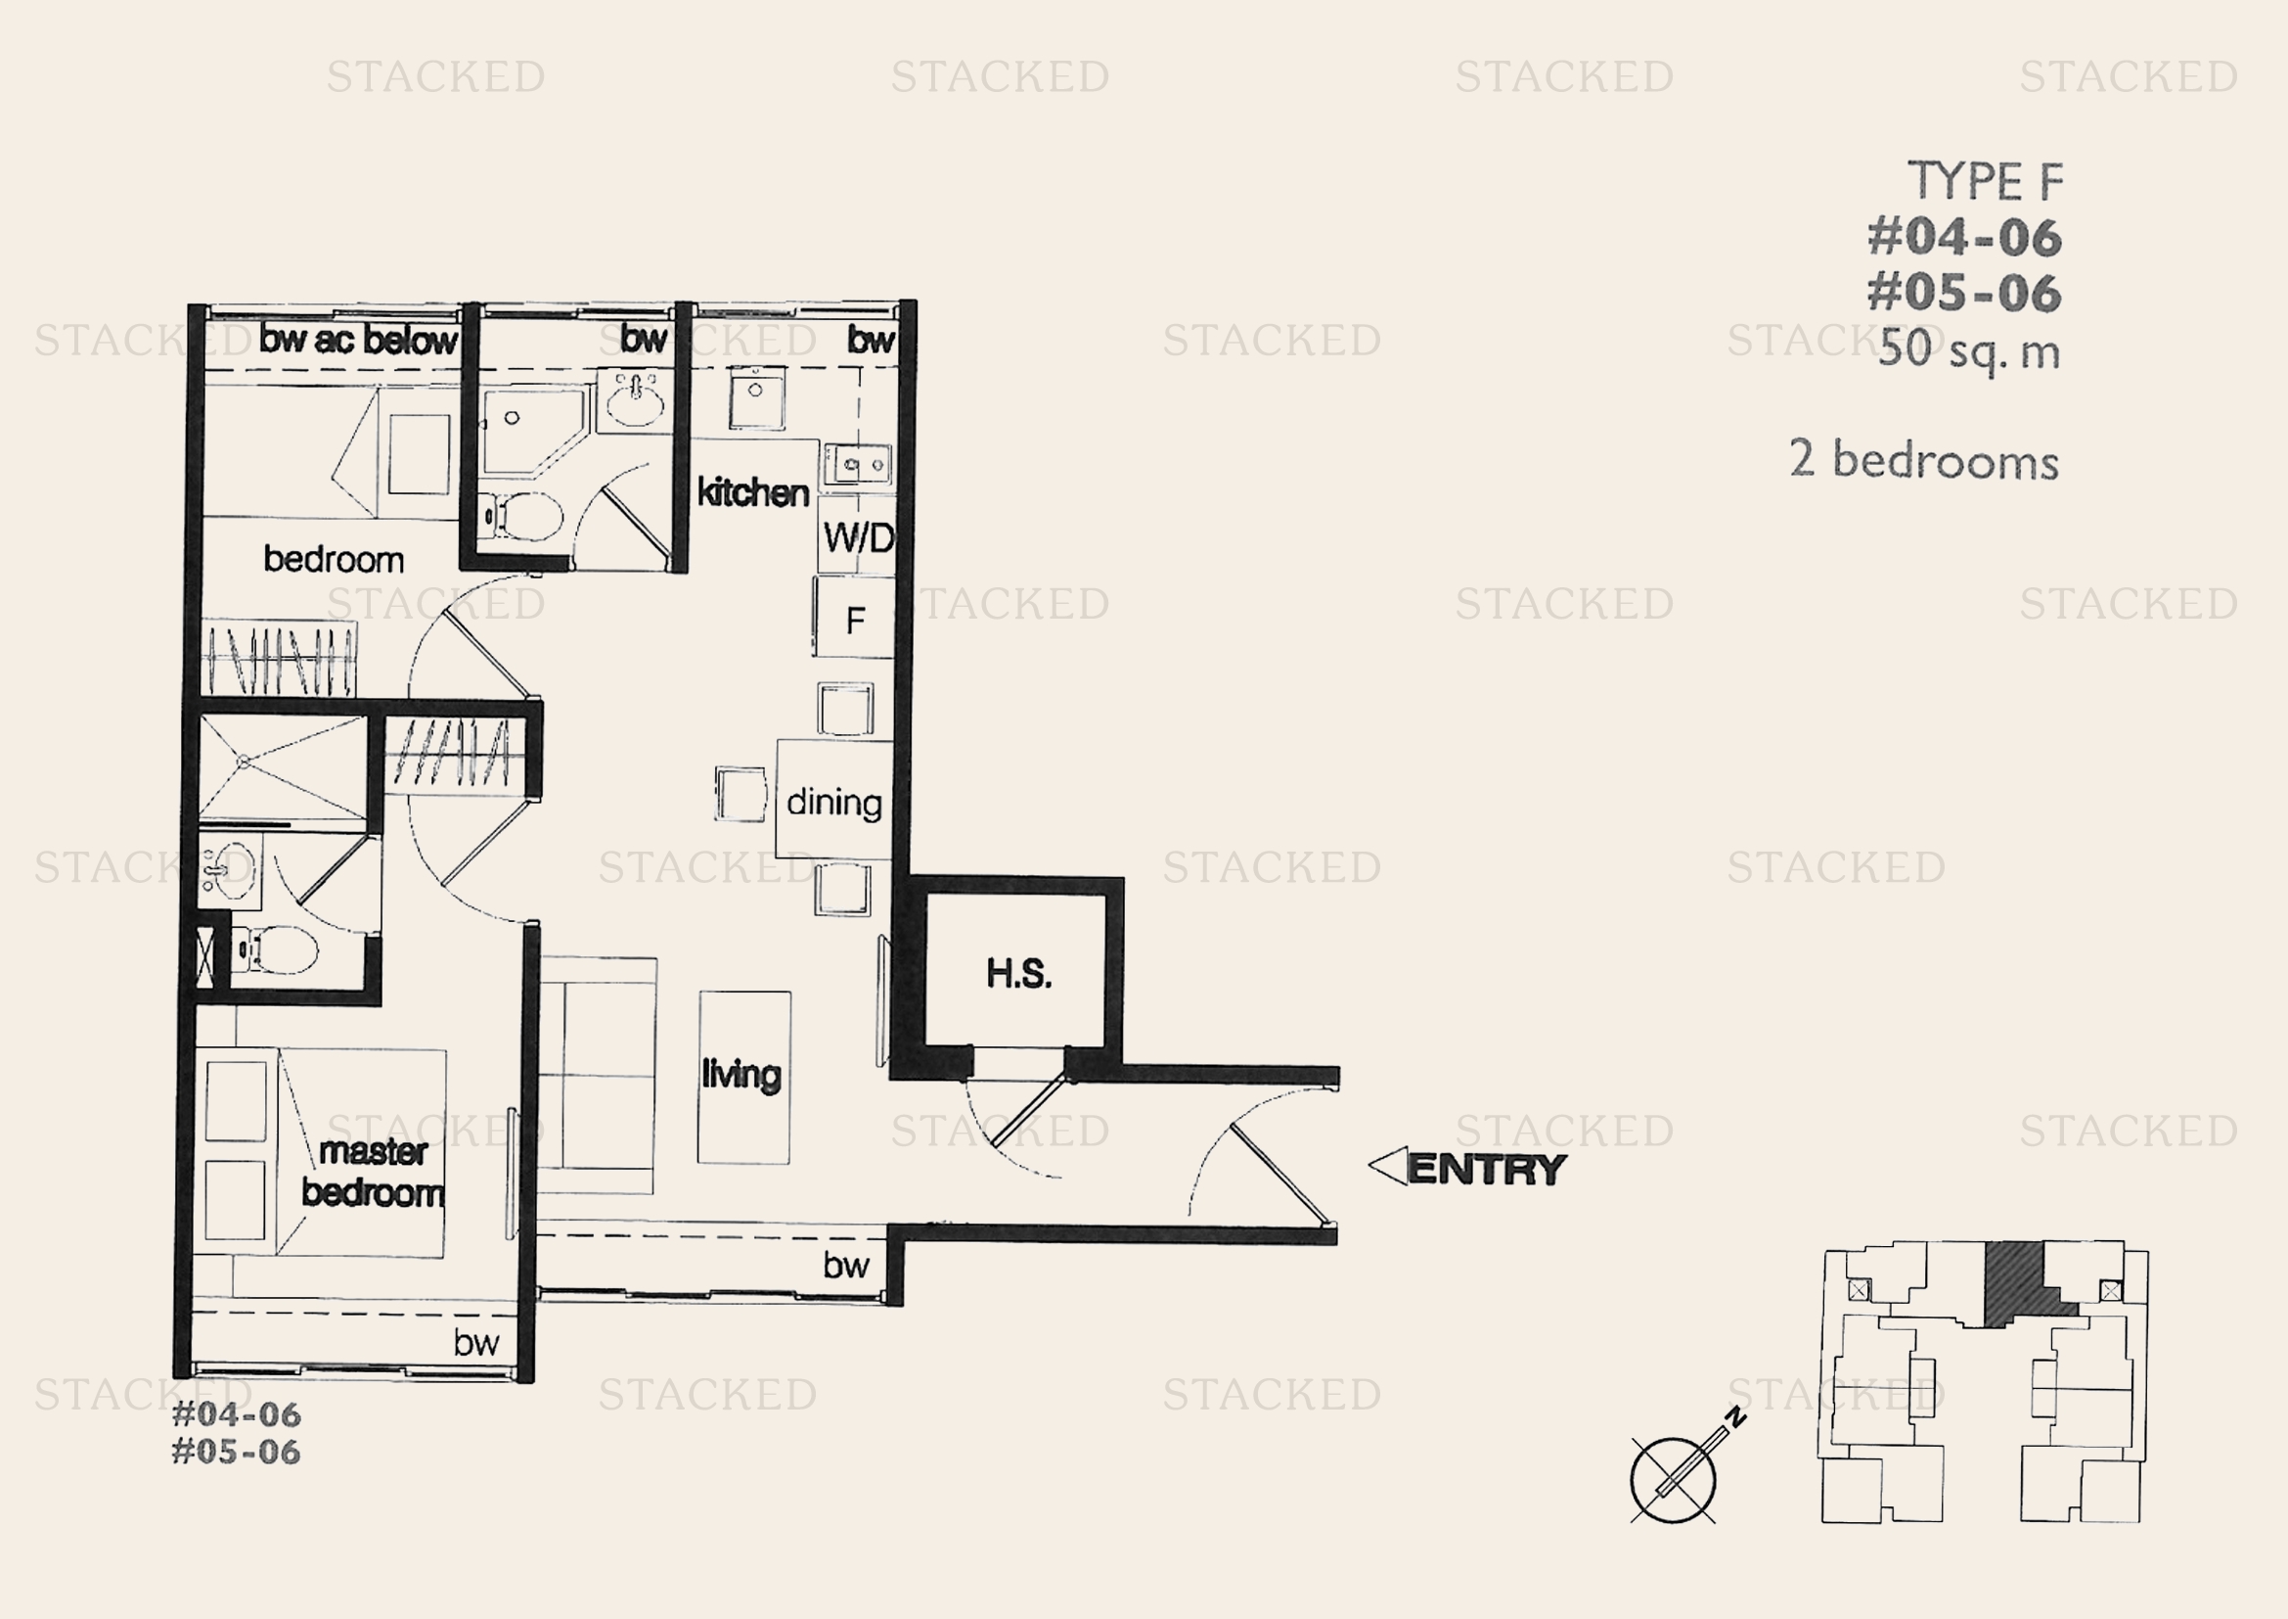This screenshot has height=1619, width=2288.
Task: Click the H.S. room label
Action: [1018, 974]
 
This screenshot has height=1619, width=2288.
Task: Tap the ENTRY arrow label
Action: [1467, 1168]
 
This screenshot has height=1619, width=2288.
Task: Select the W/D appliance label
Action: [859, 538]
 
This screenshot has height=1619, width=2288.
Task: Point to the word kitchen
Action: [752, 492]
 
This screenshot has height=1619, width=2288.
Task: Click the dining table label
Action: [834, 803]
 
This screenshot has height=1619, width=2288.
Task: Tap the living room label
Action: [741, 1075]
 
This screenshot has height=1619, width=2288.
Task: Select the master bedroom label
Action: [373, 1172]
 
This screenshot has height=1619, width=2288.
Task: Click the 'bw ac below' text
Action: [359, 340]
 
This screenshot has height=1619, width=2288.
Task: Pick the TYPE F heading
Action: [1985, 181]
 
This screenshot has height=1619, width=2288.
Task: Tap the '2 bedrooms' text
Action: [1924, 461]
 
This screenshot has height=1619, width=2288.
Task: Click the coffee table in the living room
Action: [744, 1078]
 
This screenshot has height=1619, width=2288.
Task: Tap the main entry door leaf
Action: [1281, 1175]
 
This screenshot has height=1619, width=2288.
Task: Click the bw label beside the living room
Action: [846, 1265]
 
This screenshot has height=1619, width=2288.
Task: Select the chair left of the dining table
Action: [740, 794]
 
